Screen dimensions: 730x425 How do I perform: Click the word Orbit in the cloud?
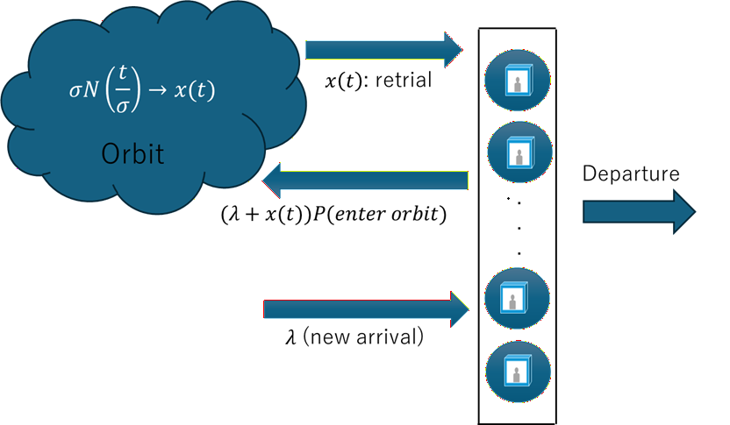pos(132,154)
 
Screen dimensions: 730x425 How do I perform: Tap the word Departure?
pos(631,174)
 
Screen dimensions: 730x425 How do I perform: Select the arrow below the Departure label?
pos(639,211)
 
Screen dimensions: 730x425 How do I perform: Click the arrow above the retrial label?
pos(384,50)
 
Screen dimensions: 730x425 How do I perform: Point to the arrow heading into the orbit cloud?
pos(365,181)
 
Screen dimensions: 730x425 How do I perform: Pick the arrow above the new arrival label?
pos(367,309)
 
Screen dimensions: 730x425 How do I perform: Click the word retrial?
pos(404,80)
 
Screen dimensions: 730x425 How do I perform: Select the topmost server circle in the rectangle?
pos(518,81)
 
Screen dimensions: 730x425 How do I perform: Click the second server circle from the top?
pos(519,152)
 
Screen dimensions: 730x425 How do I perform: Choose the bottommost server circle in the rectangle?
pos(519,372)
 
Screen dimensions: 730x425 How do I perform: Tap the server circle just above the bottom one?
pos(517,298)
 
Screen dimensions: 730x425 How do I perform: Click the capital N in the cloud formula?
pos(92,89)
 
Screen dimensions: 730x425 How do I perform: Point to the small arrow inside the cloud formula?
pos(157,89)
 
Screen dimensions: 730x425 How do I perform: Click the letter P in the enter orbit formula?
pos(319,215)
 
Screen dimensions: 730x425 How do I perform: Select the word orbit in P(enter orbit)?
pos(414,214)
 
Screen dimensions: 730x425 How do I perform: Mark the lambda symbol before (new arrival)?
pos(290,337)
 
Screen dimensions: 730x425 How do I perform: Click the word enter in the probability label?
pos(360,215)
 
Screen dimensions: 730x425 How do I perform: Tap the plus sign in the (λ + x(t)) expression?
pos(252,215)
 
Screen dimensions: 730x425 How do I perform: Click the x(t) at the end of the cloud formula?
pos(194,89)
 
